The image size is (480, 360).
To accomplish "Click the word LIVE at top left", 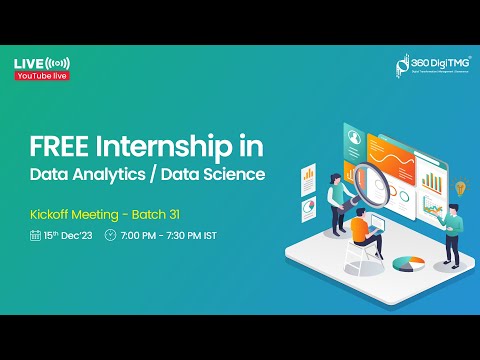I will click(27, 63).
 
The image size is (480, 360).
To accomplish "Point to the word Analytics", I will click(116, 176).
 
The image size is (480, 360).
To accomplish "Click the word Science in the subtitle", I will click(235, 176).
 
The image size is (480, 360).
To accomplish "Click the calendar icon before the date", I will click(35, 236).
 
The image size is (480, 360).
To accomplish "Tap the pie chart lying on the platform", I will click(406, 263).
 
